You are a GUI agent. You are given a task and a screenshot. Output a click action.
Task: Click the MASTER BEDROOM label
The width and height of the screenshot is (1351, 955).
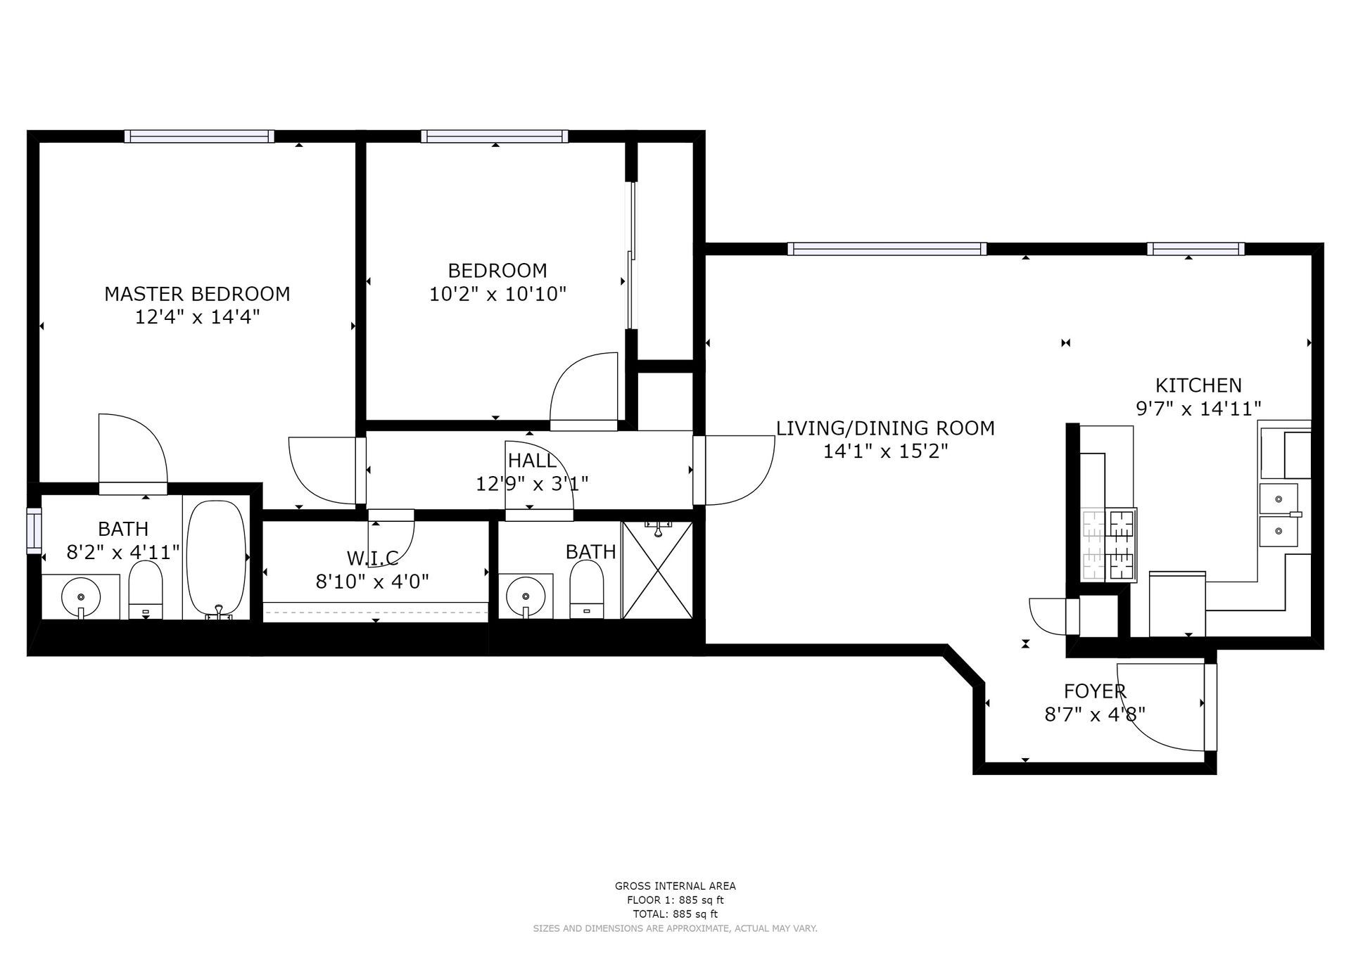(x=197, y=294)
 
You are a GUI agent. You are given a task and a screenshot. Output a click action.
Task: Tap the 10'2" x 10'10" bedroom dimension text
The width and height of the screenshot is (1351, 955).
(x=497, y=294)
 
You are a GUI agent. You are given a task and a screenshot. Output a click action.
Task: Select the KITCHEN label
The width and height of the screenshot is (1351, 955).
(x=1198, y=385)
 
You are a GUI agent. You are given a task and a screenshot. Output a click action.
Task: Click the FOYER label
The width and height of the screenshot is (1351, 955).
(x=1095, y=691)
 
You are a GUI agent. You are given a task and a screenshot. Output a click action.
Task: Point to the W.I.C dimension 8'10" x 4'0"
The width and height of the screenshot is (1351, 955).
(x=372, y=582)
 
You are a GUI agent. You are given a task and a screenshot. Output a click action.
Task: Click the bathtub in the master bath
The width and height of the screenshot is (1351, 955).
(x=217, y=558)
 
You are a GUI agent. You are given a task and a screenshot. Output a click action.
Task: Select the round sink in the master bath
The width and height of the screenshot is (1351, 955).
(x=81, y=597)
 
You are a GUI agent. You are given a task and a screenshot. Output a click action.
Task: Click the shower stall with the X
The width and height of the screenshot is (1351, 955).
(x=658, y=570)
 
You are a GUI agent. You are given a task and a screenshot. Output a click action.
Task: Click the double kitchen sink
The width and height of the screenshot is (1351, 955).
(x=1279, y=514)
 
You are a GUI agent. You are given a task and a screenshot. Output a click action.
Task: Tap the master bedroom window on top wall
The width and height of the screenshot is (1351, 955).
(x=199, y=136)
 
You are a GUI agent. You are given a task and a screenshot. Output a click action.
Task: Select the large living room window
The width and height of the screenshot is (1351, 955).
(x=887, y=248)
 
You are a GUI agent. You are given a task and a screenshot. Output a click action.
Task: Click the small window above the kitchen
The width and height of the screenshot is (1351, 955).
(x=1195, y=248)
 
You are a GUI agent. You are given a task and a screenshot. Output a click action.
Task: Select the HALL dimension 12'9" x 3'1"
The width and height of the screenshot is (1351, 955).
(x=532, y=484)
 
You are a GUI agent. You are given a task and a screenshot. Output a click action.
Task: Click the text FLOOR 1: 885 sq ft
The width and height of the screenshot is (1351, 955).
(x=675, y=900)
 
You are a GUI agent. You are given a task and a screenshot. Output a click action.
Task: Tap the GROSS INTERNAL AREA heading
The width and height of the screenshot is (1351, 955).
(x=675, y=886)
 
